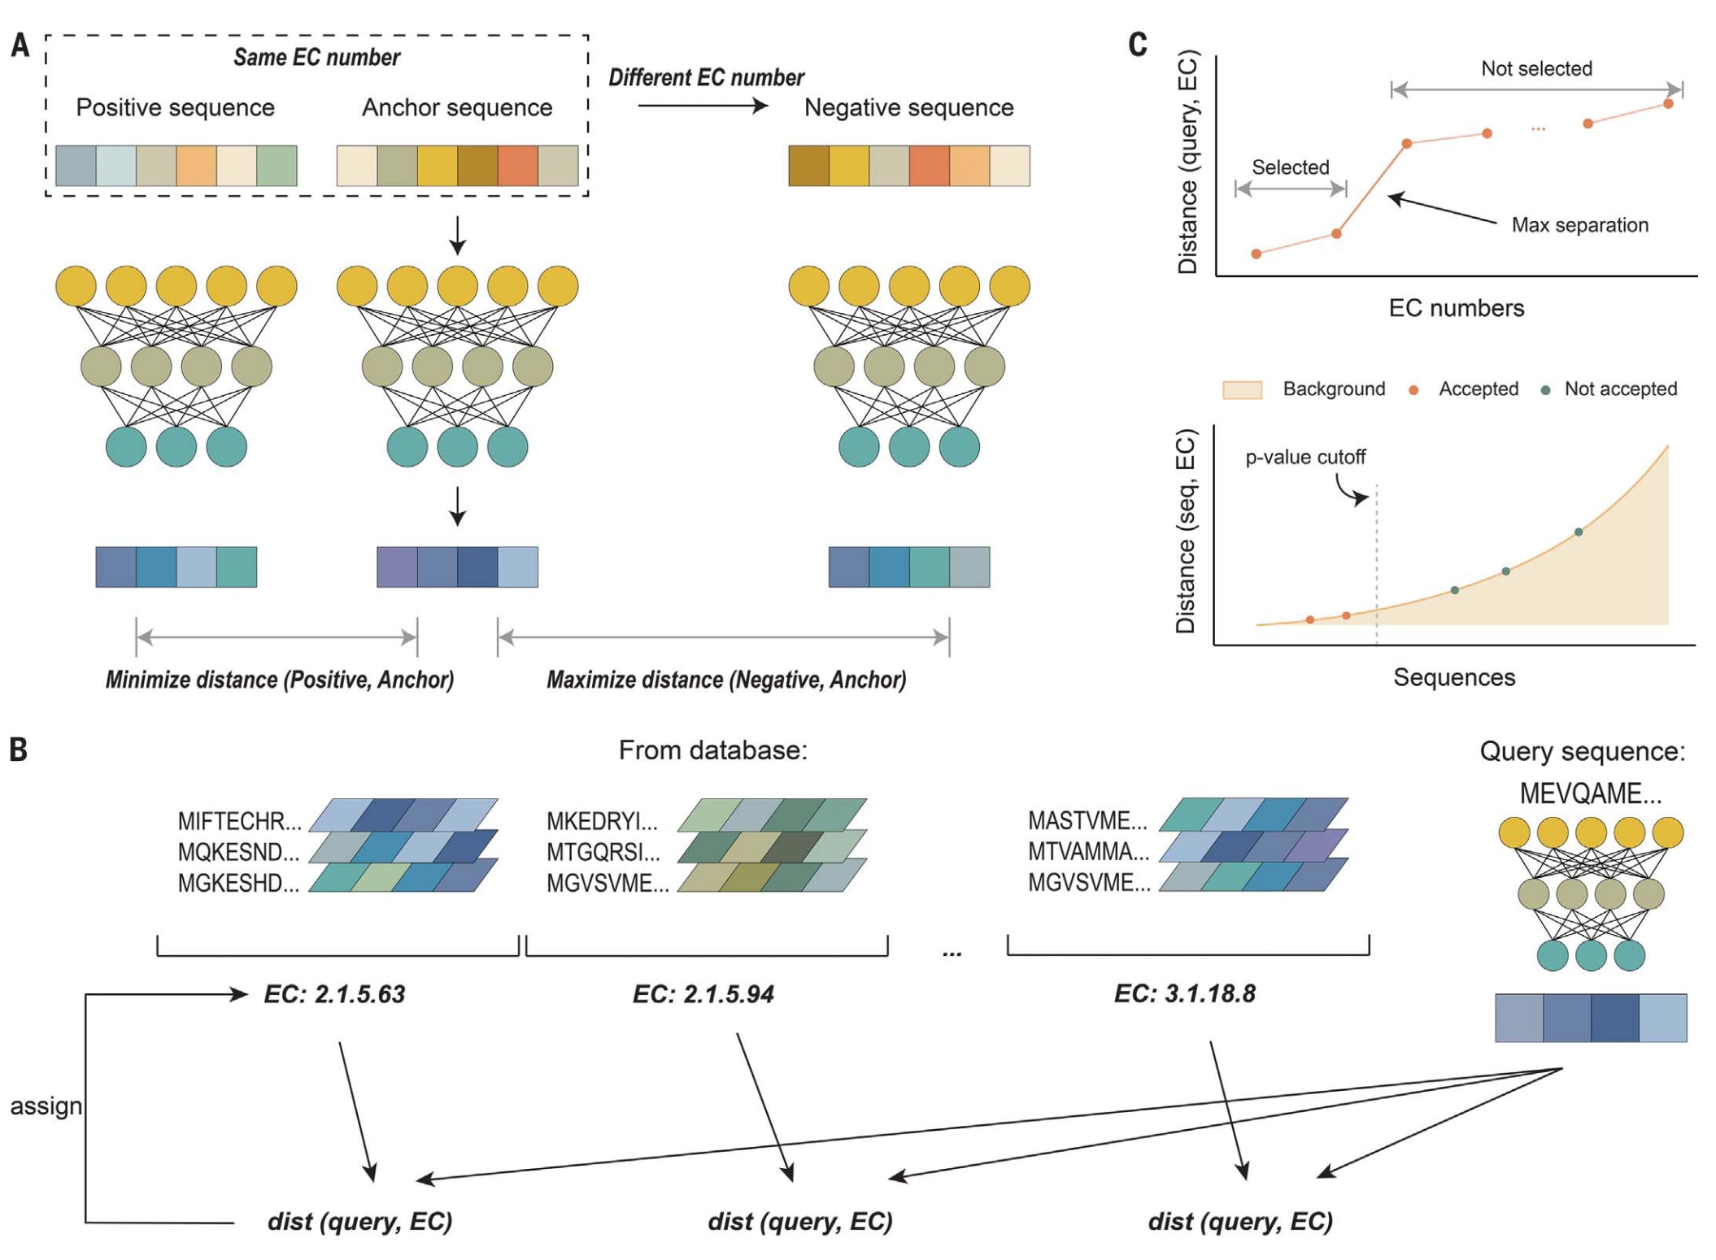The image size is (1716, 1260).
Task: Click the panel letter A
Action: [x=20, y=46]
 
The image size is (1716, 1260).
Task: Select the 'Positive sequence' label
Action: [x=175, y=107]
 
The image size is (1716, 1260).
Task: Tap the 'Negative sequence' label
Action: [x=908, y=107]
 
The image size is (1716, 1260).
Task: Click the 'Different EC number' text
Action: [x=706, y=78]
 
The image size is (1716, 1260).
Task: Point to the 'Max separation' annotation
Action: [x=1579, y=225]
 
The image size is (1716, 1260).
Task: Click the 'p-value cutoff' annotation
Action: [x=1305, y=458]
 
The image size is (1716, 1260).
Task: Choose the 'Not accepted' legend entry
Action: [x=1620, y=389]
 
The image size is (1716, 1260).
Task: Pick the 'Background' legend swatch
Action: [x=1242, y=390]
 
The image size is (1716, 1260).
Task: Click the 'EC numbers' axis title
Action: [x=1456, y=308]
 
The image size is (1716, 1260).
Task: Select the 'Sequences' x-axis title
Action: [x=1454, y=677]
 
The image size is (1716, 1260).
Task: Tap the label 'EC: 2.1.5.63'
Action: [x=334, y=994]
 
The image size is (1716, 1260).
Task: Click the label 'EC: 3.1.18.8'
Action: [x=1184, y=993]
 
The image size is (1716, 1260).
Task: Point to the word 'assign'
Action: [x=46, y=1106]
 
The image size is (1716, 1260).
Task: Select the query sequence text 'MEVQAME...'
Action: [x=1590, y=793]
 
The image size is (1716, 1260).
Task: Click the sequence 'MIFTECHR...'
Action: [x=239, y=821]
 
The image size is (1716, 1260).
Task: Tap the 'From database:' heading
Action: [x=712, y=750]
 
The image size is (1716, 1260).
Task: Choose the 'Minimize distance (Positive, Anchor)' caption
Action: [x=279, y=680]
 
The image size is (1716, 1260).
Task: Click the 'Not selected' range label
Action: [x=1536, y=69]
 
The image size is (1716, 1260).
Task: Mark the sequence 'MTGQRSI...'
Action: [x=603, y=852]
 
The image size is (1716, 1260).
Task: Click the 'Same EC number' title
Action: [x=316, y=58]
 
